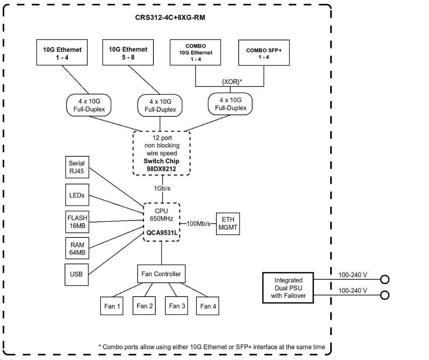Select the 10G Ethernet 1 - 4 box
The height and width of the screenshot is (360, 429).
point(62,53)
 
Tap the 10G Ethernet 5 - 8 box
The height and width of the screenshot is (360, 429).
point(128,53)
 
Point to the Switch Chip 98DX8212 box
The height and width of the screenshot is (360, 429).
point(162,153)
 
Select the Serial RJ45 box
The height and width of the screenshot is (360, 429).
point(76,167)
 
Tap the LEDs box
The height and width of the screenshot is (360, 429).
point(76,195)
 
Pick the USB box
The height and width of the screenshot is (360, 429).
point(76,274)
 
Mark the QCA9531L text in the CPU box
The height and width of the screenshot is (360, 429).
point(162,232)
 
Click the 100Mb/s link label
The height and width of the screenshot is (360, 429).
point(198,224)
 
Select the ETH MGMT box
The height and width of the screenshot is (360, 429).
point(228,223)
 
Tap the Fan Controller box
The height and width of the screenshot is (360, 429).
point(161,274)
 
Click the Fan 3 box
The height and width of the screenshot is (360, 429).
point(177,306)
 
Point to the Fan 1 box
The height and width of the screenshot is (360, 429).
point(112,306)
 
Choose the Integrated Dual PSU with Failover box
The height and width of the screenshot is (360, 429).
point(288,288)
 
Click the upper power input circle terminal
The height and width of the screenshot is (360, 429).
point(384,279)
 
